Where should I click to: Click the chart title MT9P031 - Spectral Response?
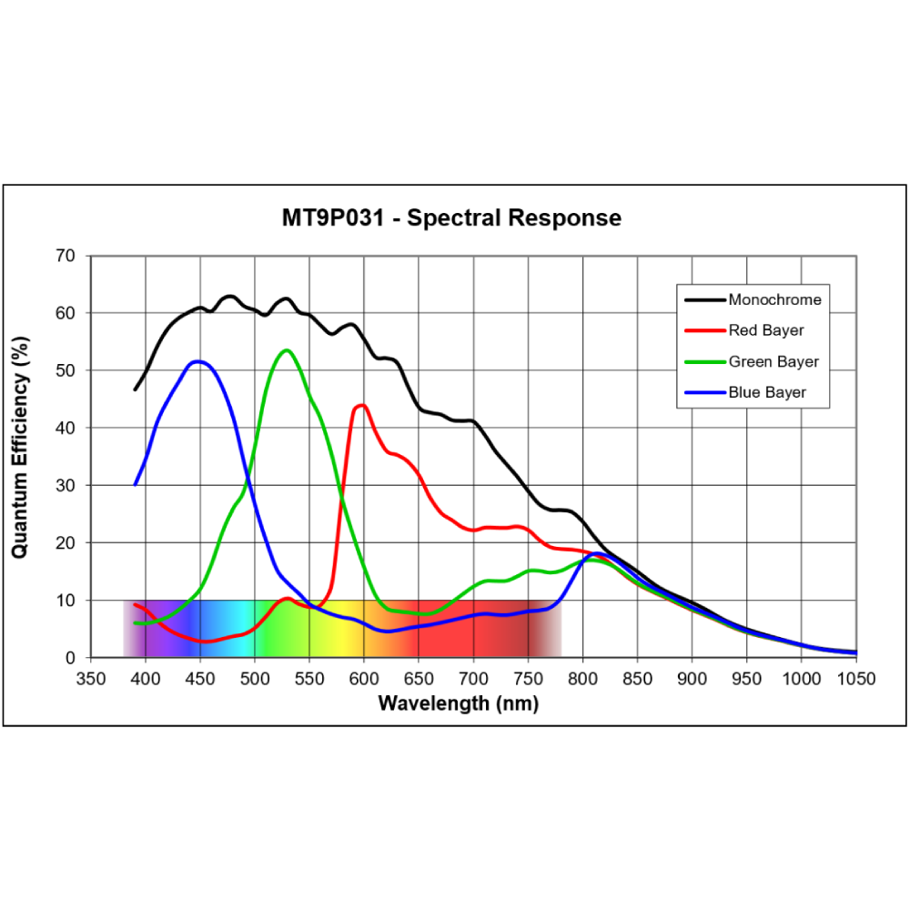[x=451, y=218]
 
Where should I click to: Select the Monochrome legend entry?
[x=774, y=299]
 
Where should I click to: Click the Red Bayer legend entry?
[x=766, y=330]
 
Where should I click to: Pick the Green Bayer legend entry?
[x=773, y=361]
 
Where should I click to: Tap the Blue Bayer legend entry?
[x=767, y=393]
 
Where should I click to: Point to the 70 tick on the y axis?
[x=66, y=256]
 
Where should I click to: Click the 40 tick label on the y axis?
[x=66, y=428]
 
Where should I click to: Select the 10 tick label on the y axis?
[x=66, y=600]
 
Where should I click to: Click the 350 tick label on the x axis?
[x=91, y=678]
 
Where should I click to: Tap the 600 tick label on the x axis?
[x=364, y=678]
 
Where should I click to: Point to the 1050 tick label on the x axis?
[x=855, y=678]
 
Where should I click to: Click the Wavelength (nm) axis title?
[x=458, y=703]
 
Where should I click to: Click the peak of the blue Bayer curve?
[x=197, y=361]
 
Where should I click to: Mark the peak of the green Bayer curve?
[x=287, y=349]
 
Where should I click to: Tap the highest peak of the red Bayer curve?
[x=362, y=405]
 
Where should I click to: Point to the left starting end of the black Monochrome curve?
[x=135, y=389]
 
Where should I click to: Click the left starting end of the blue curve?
[x=135, y=485]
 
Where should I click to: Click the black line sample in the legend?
[x=703, y=299]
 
